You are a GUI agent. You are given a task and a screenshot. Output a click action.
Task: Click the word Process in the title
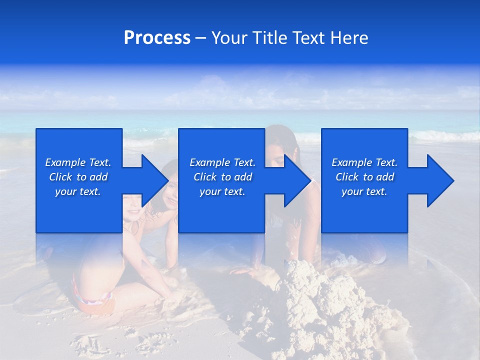pyautogui.click(x=157, y=38)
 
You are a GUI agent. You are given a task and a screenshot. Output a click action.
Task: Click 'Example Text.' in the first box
pyautogui.click(x=78, y=162)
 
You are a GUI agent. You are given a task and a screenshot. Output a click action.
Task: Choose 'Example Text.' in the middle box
pyautogui.click(x=222, y=162)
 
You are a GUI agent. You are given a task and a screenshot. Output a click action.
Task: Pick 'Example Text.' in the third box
pyautogui.click(x=364, y=162)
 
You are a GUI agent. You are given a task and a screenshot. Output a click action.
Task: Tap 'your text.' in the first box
pyautogui.click(x=78, y=191)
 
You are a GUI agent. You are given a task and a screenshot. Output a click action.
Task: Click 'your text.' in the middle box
pyautogui.click(x=222, y=191)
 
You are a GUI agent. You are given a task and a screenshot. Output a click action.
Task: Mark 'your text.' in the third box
pyautogui.click(x=364, y=191)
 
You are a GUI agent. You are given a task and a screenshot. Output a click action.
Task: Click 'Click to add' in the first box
pyautogui.click(x=78, y=177)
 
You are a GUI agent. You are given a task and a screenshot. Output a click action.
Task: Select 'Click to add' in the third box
pyautogui.click(x=364, y=177)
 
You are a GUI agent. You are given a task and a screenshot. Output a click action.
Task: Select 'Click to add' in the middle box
pyautogui.click(x=222, y=177)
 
